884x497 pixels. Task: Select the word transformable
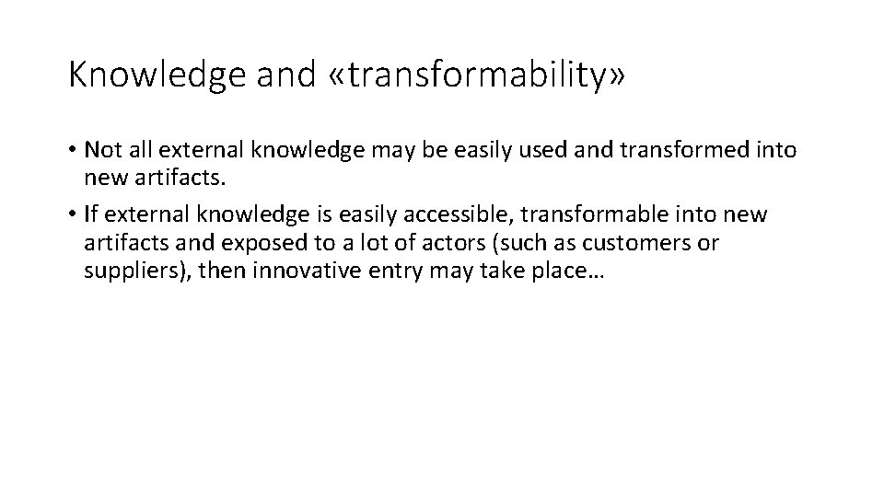[x=591, y=214]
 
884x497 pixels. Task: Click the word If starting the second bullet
[x=89, y=214]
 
